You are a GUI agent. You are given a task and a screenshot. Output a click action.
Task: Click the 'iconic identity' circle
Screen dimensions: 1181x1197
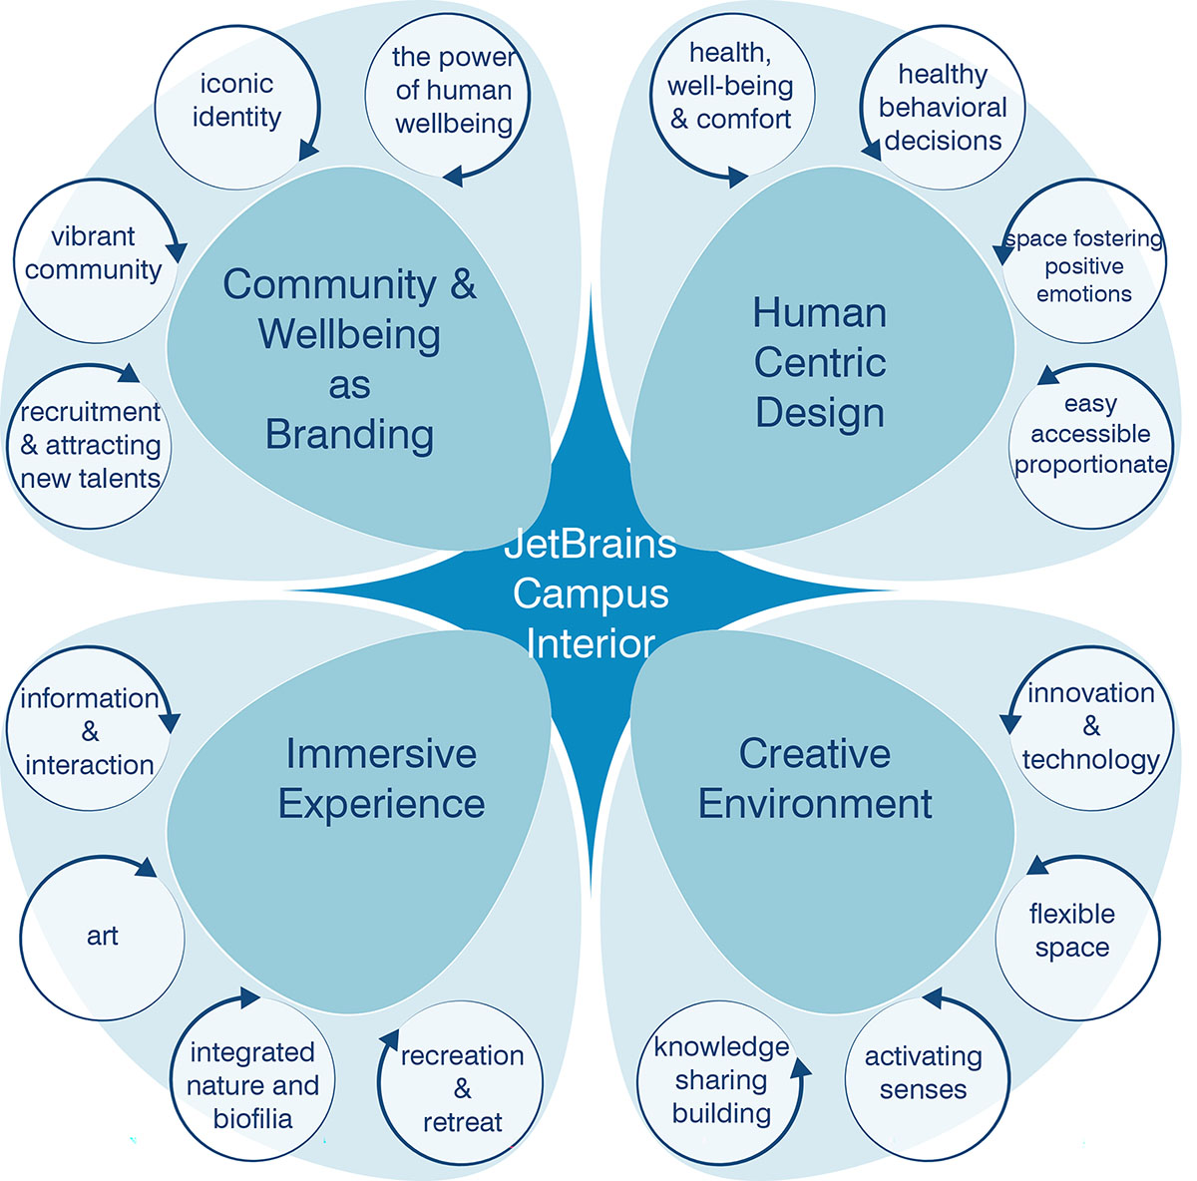236,104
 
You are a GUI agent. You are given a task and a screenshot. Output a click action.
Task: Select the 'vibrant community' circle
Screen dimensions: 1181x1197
94,257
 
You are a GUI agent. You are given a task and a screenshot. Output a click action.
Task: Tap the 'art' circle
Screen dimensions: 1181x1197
102,936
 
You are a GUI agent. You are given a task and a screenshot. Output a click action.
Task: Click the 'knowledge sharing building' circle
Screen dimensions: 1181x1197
720,1081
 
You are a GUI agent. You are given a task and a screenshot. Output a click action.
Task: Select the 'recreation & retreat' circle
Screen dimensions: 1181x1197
462,1087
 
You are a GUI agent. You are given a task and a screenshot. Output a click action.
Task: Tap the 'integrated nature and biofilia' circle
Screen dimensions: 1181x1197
253,1085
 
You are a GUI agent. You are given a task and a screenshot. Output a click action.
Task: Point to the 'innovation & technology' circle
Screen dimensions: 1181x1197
1090,727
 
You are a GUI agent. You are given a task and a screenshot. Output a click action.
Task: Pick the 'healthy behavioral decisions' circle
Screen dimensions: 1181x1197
943,108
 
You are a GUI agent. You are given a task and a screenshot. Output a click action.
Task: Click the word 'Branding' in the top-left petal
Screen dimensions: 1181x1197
349,435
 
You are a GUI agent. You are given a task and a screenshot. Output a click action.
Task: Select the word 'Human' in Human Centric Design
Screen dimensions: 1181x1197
819,313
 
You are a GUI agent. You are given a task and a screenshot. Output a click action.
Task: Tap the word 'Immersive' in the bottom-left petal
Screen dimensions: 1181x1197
381,753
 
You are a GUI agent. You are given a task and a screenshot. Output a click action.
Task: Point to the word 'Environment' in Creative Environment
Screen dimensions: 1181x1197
815,804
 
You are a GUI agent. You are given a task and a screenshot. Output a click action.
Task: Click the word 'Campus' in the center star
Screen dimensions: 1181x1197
591,593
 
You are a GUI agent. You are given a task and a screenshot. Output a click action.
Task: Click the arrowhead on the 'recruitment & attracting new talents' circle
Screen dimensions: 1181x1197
130,374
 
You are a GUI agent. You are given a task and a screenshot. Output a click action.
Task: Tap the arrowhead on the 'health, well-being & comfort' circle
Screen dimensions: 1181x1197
737,178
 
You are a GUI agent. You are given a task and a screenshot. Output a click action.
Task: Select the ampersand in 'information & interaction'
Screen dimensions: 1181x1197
90,731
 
